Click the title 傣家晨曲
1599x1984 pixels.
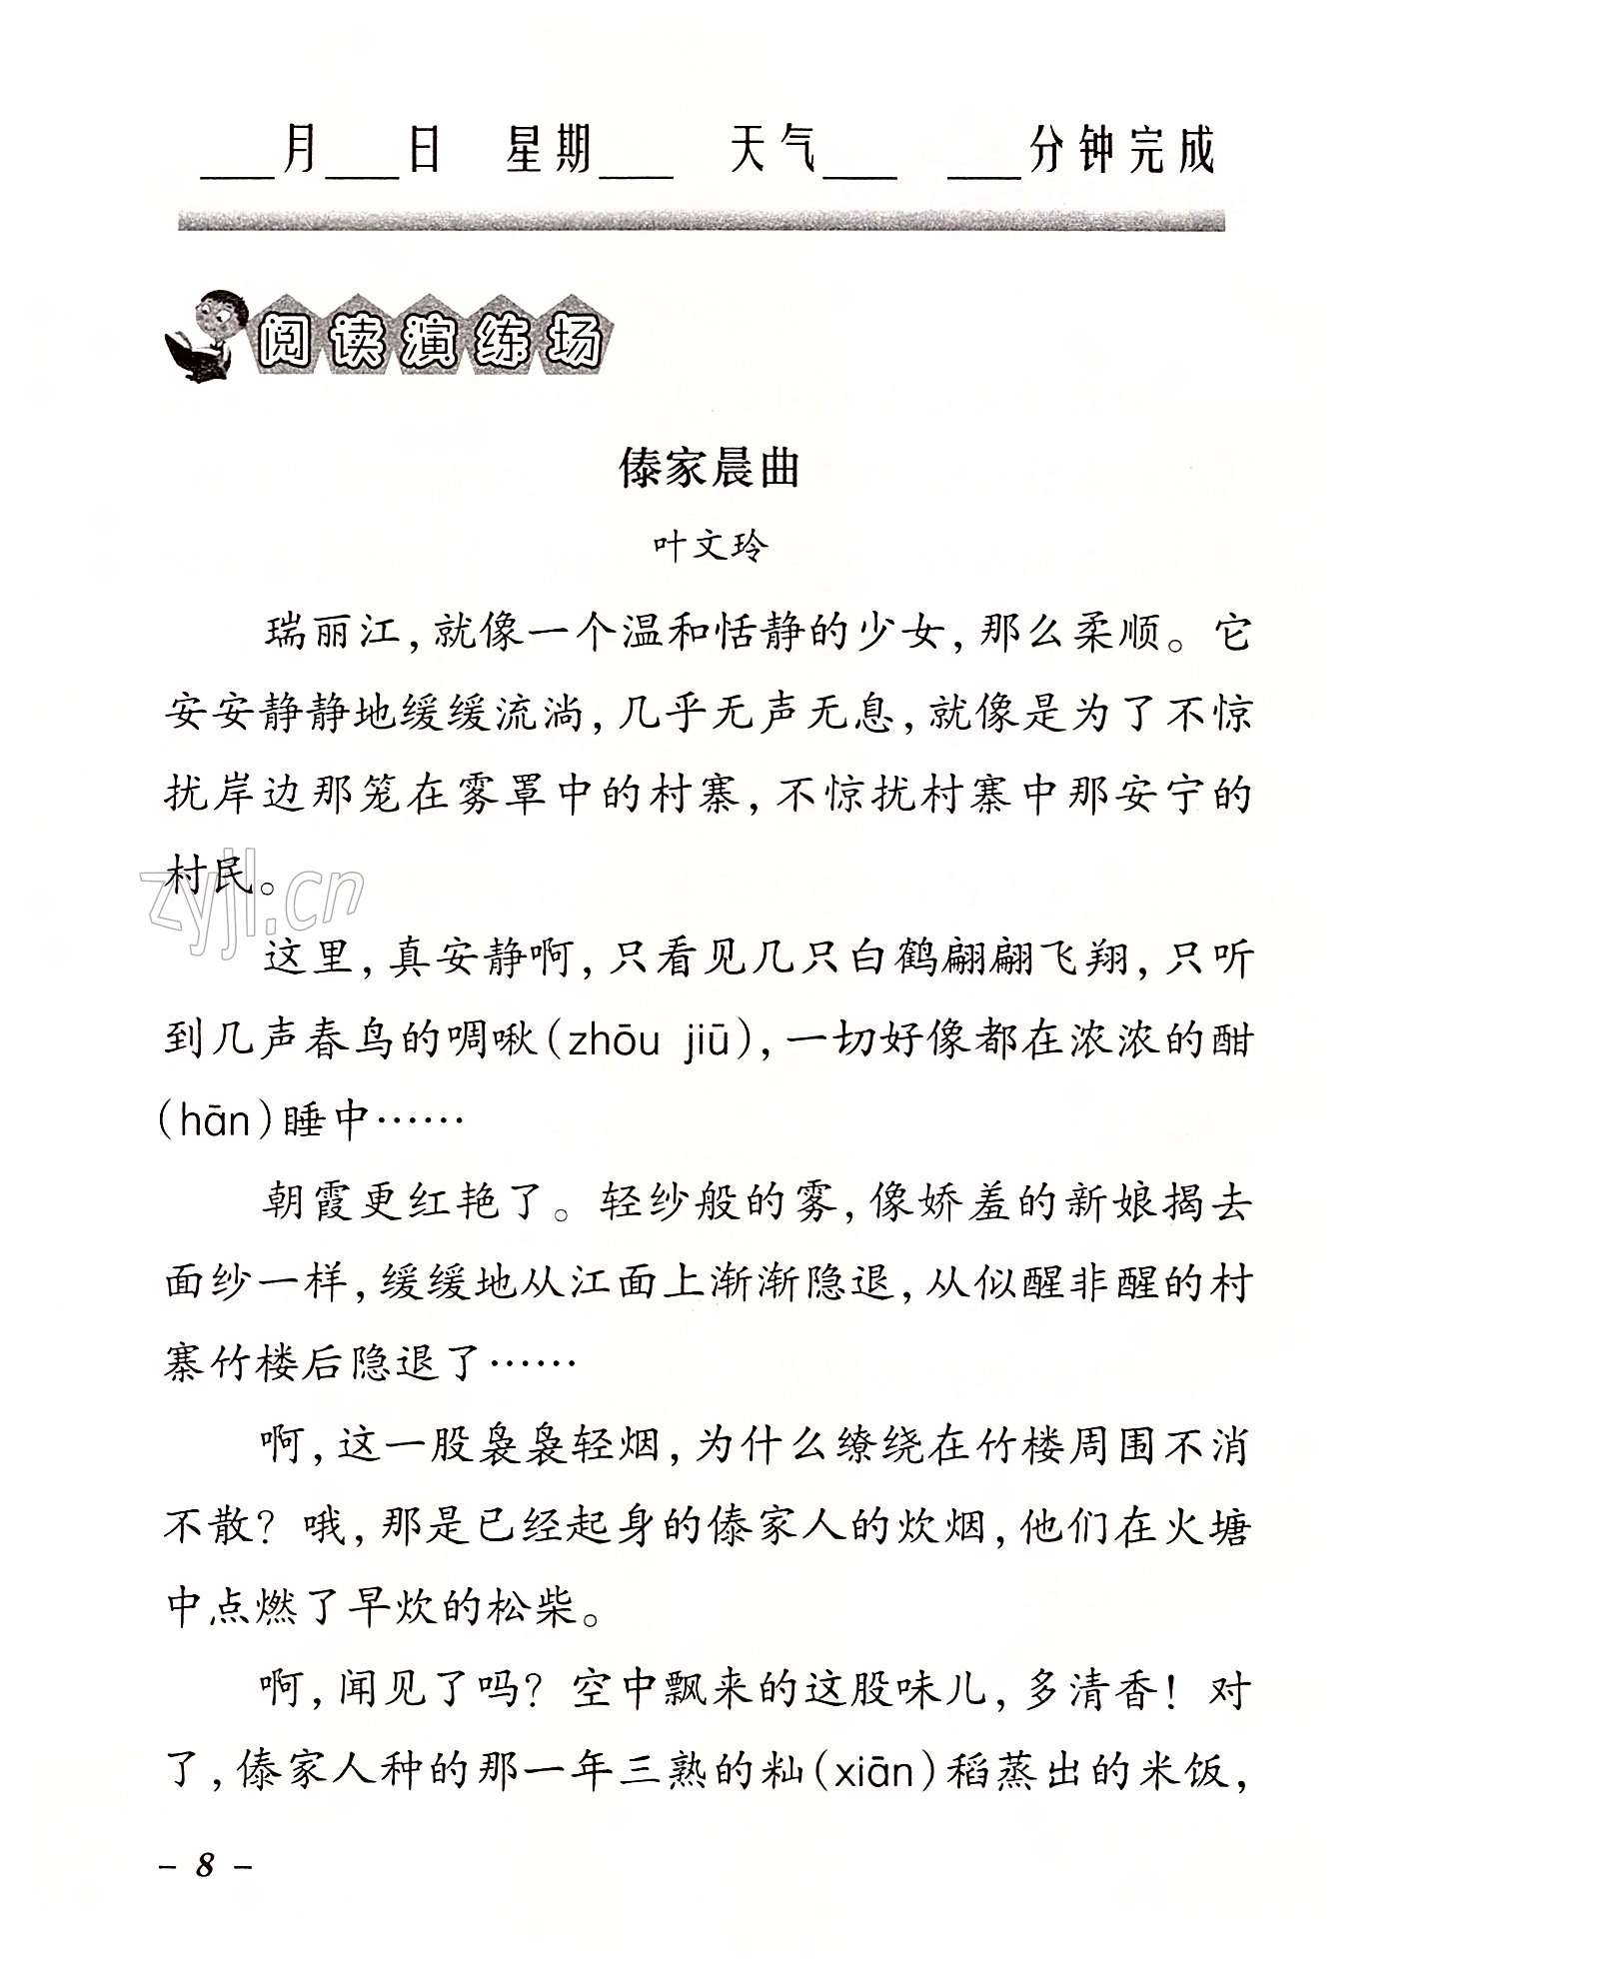tap(709, 469)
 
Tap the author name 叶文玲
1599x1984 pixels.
tap(711, 547)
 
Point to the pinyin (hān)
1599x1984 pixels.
tap(216, 1120)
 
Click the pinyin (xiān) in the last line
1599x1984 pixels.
tap(873, 1771)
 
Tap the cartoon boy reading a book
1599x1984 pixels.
tap(206, 336)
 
